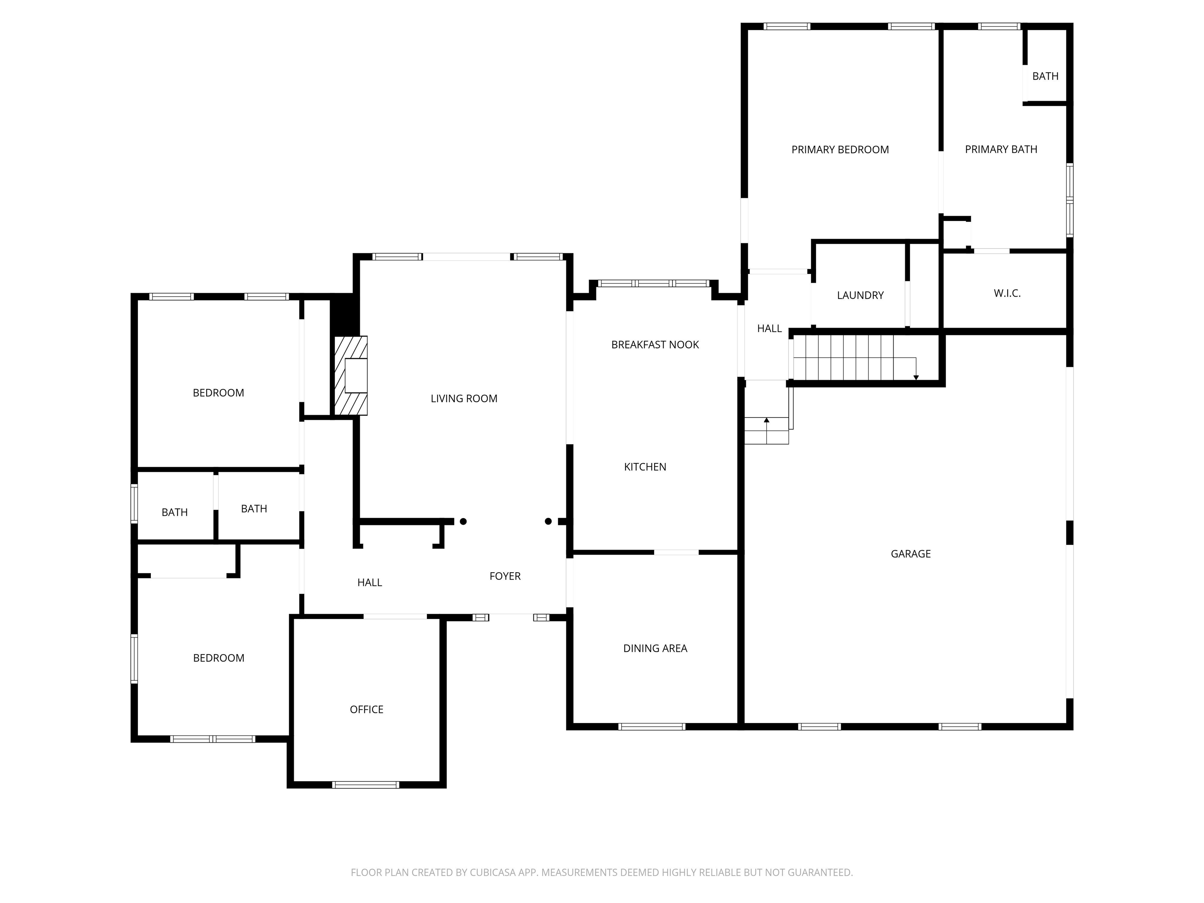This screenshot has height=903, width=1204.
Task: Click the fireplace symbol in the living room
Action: click(351, 375)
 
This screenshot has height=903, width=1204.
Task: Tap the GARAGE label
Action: click(910, 553)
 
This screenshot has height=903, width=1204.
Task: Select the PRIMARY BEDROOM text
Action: click(840, 150)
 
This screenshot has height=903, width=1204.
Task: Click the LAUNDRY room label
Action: click(860, 295)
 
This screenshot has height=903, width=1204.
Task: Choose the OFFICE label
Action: click(366, 709)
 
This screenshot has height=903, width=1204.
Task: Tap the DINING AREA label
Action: click(655, 648)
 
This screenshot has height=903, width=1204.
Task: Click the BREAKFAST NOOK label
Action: click(655, 345)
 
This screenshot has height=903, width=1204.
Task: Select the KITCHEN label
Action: click(645, 466)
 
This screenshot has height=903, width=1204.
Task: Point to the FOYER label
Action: click(504, 576)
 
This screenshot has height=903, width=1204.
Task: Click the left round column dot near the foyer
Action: click(463, 521)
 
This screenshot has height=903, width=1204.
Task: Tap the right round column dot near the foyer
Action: click(548, 521)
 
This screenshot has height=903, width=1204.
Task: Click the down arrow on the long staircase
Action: click(916, 377)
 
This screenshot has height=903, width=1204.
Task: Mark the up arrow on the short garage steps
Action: click(766, 420)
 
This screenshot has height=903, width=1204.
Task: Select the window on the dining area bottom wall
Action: click(651, 726)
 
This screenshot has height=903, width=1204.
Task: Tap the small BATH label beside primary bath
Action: click(1045, 76)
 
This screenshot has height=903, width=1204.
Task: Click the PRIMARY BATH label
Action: click(1001, 149)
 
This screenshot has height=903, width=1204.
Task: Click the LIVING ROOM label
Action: click(464, 399)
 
